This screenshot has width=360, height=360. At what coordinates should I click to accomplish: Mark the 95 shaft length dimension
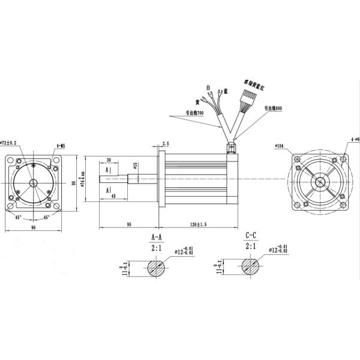(128, 224)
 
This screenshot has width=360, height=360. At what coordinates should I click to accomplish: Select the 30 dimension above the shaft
(109, 160)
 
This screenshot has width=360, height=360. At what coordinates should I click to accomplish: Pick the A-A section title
(156, 236)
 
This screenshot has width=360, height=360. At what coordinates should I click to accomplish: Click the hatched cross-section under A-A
(157, 267)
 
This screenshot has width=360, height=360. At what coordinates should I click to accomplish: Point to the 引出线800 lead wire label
(272, 107)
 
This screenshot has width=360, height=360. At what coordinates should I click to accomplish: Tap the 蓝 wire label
(226, 91)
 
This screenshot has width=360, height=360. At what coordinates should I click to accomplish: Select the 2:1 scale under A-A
(156, 246)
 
